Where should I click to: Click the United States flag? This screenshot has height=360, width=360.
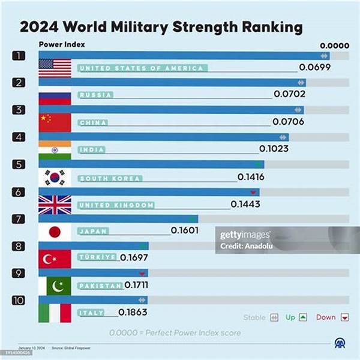(55, 68)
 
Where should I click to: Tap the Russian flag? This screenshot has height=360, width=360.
(55, 95)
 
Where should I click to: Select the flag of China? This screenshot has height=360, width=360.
(55, 122)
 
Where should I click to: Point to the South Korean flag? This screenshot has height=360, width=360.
(55, 178)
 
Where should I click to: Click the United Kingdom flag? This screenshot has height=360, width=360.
(55, 205)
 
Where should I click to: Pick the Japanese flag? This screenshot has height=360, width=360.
(55, 232)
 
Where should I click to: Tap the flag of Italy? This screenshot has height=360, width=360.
(55, 313)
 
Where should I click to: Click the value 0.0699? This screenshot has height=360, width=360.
(315, 67)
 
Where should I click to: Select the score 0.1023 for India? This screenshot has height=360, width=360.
(274, 149)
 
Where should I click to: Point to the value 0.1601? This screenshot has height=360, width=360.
(185, 230)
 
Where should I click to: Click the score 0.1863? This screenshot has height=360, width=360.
(133, 312)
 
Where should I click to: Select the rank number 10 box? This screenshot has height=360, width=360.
(20, 299)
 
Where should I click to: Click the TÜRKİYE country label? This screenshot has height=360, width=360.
(97, 257)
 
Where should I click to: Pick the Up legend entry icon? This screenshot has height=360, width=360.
(303, 317)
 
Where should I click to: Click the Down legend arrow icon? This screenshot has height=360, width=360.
(344, 317)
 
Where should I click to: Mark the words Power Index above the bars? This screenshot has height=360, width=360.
(62, 44)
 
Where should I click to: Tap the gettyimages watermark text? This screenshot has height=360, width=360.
(245, 235)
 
